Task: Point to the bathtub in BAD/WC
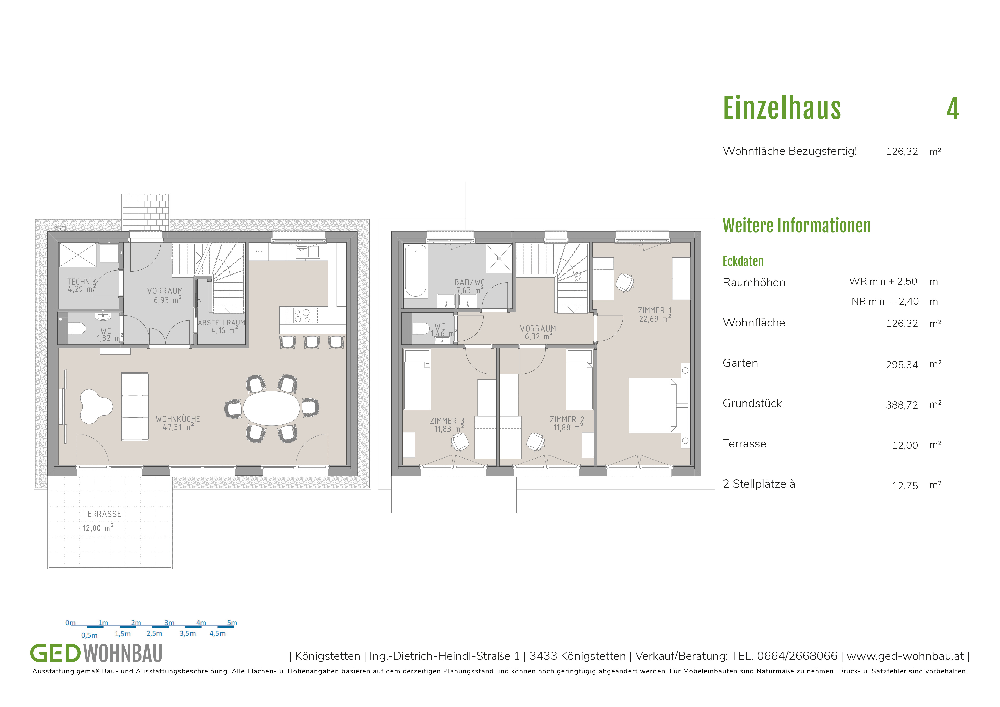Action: click(415, 271)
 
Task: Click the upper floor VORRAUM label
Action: click(538, 329)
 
